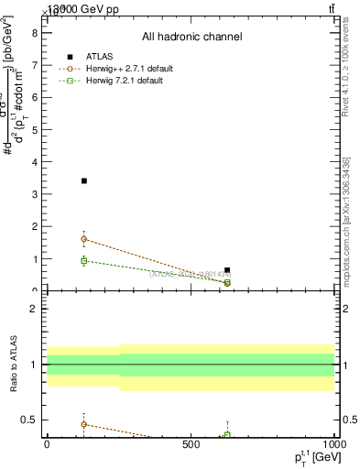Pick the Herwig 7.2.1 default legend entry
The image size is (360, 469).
[111, 81]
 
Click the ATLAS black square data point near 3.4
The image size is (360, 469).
[84, 180]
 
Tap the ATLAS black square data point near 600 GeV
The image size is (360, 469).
[227, 270]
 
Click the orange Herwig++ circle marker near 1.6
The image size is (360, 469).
[84, 239]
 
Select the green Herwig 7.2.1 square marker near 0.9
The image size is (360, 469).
[84, 261]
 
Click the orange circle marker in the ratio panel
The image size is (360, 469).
[84, 424]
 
